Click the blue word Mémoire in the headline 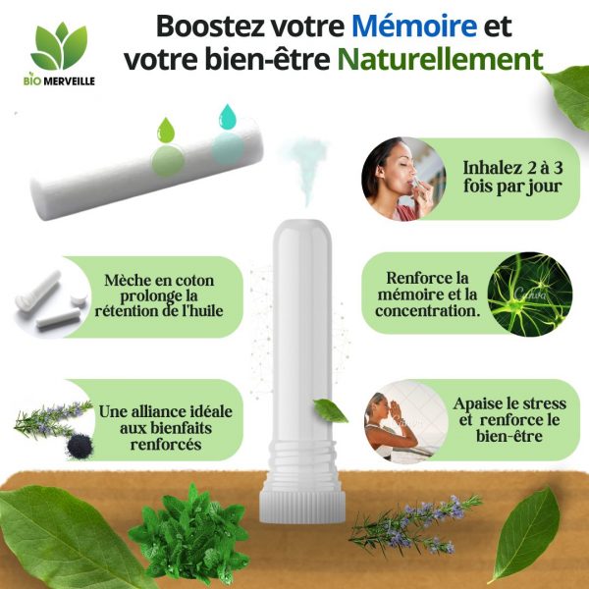(414, 26)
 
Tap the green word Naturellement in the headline (440, 59)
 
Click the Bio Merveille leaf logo (59, 46)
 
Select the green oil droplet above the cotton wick (166, 130)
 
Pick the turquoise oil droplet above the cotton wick (227, 117)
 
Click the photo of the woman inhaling (403, 179)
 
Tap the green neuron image (530, 294)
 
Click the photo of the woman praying (405, 421)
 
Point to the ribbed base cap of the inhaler (302, 506)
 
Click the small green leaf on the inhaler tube (330, 410)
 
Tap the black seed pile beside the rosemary (80, 447)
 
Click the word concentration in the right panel (428, 311)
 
